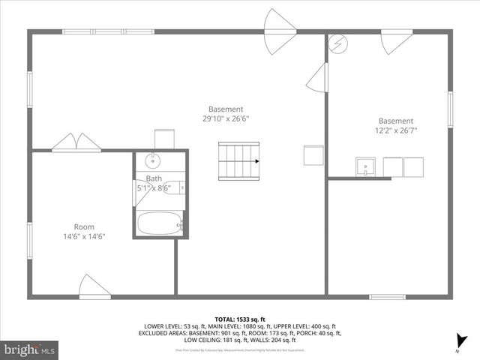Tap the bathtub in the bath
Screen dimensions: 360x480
(x=159, y=223)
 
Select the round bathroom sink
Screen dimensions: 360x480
(x=152, y=160)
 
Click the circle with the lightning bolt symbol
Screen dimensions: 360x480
(x=338, y=42)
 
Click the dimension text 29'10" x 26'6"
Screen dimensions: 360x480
(x=225, y=118)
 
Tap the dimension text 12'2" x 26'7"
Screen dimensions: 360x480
(x=395, y=130)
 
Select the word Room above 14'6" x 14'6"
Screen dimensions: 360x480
(x=84, y=226)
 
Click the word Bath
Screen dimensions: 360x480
(x=154, y=178)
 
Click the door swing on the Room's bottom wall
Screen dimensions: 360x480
(x=94, y=286)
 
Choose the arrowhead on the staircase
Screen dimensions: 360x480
(x=256, y=160)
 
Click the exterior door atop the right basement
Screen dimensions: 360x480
(x=395, y=41)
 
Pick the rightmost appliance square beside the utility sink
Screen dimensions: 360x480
(x=414, y=166)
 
